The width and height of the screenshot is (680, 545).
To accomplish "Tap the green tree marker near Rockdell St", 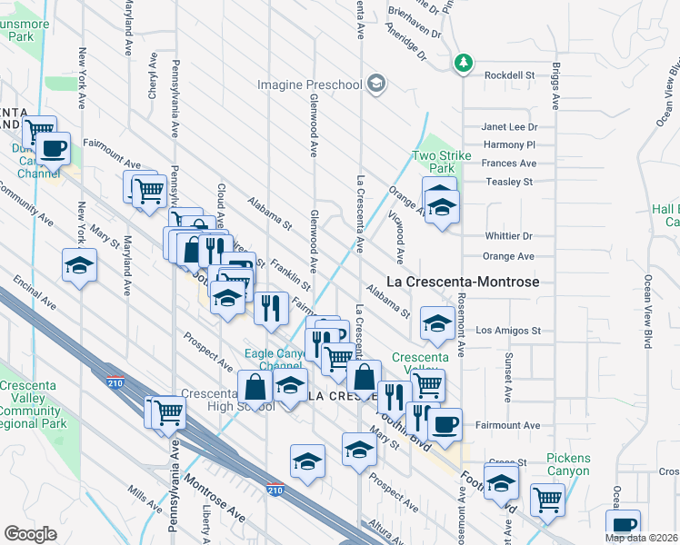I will (x=465, y=62).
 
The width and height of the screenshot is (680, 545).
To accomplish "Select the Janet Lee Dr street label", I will (x=509, y=127).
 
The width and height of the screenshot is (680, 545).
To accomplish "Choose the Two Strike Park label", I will (x=442, y=162).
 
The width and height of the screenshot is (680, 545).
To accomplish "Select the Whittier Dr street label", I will (x=508, y=236).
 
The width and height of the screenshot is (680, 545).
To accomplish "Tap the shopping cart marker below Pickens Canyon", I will (x=547, y=499).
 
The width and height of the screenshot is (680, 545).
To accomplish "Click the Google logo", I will (x=30, y=534).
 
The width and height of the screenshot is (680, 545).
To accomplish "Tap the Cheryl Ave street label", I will (x=153, y=83).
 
